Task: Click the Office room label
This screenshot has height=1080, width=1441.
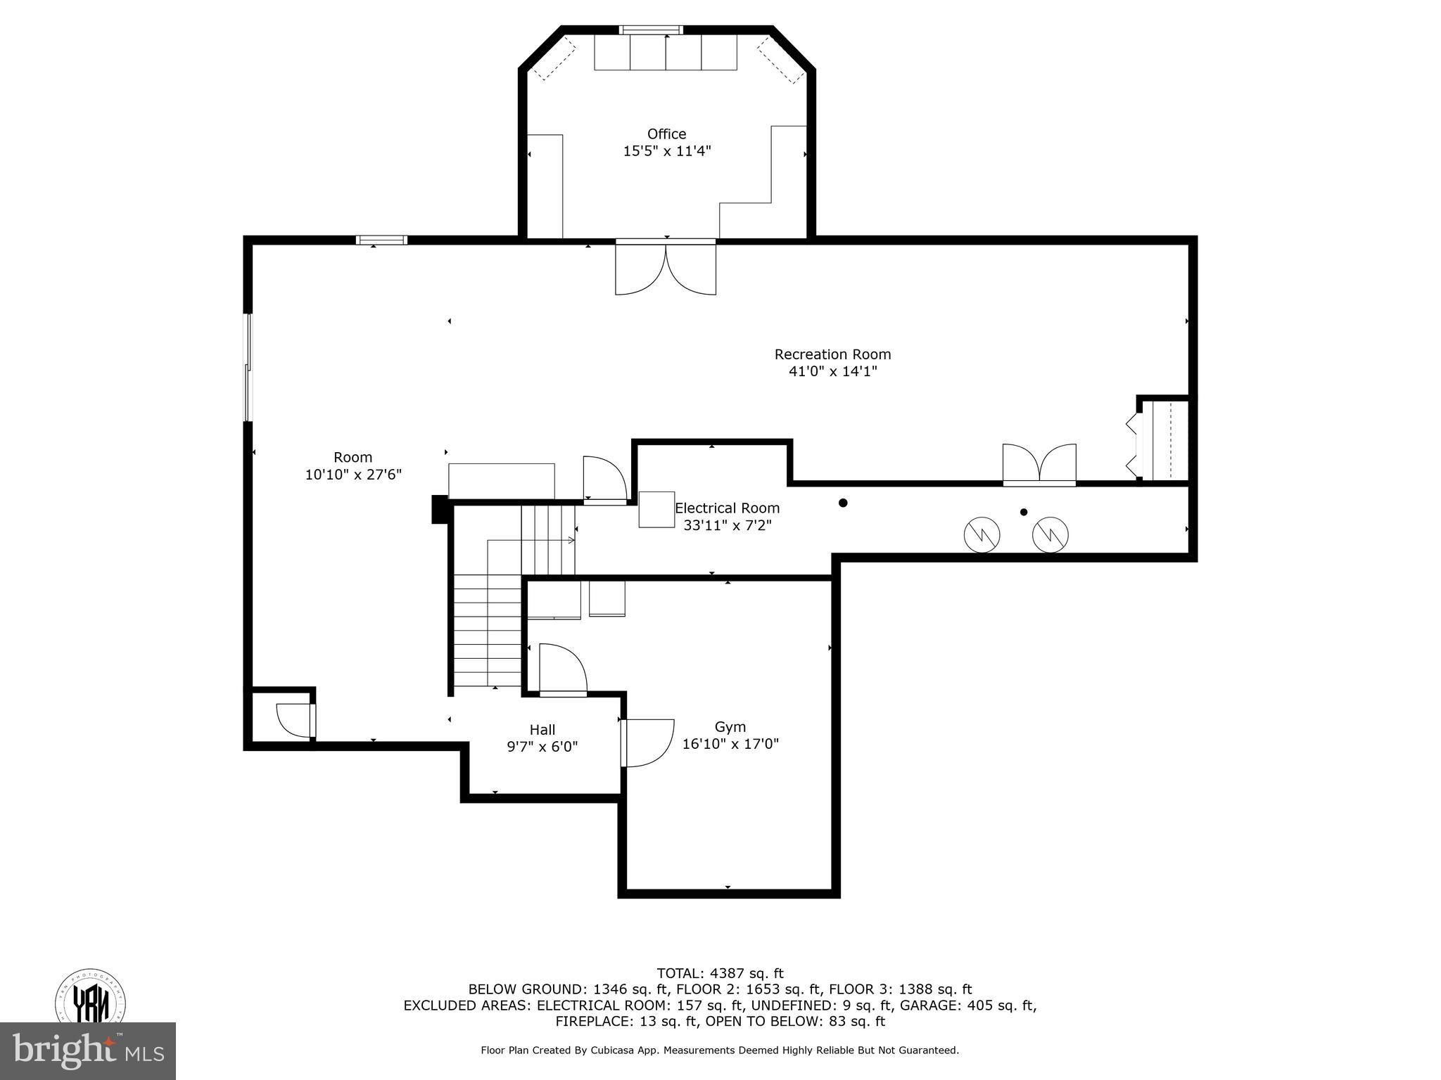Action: [666, 134]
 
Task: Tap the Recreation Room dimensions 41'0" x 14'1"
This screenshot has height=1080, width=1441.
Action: [832, 371]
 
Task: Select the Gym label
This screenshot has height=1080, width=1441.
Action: [730, 727]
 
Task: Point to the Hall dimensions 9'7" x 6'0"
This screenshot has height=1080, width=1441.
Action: [542, 747]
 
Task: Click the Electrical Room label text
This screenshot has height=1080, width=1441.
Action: [727, 508]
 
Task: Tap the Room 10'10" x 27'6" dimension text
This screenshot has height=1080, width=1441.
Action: [353, 475]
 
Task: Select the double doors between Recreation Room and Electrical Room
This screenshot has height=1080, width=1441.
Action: [1039, 464]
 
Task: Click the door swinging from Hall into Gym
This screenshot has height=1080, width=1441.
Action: [647, 742]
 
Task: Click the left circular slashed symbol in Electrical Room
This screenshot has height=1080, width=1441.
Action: [982, 534]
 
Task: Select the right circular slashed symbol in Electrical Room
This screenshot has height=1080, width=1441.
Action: [1050, 534]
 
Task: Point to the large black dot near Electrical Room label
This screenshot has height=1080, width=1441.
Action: [843, 503]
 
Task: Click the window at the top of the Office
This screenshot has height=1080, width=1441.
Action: [651, 30]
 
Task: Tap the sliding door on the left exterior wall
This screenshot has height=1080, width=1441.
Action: [248, 367]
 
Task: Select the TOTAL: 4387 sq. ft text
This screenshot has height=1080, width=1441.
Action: [720, 973]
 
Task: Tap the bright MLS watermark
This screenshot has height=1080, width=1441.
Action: [88, 1051]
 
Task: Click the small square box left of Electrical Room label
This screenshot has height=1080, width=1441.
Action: [656, 509]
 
